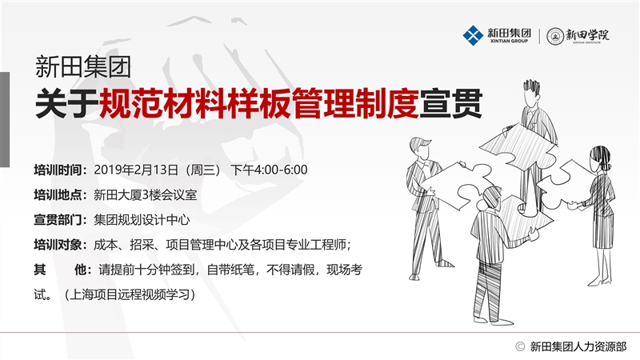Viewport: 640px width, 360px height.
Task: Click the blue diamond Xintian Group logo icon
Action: pos(473,35)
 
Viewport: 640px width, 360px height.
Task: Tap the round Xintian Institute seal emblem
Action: pos(555,36)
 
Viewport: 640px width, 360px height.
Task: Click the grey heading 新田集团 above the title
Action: pos(83,66)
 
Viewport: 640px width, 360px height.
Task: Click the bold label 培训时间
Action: pos(58,170)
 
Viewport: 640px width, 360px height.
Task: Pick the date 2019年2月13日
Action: pos(136,170)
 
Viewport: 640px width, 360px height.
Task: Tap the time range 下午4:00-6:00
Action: pos(269,170)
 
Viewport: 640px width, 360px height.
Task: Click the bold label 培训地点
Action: pos(58,194)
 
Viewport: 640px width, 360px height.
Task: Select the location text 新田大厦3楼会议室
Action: pos(146,194)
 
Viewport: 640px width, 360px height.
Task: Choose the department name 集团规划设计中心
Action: pos(142,219)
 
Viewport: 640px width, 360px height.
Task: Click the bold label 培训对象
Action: pos(58,245)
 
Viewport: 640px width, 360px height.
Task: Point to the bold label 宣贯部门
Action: pos(58,219)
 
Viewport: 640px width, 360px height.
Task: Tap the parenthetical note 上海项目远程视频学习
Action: pos(130,294)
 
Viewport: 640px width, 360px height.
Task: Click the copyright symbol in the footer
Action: pos(519,346)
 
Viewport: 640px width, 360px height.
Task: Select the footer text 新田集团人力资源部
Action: pos(578,346)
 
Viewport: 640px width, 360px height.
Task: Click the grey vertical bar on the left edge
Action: pos(5,119)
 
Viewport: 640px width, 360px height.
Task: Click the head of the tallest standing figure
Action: pos(531,93)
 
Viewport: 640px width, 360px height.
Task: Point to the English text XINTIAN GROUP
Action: pos(509,41)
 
